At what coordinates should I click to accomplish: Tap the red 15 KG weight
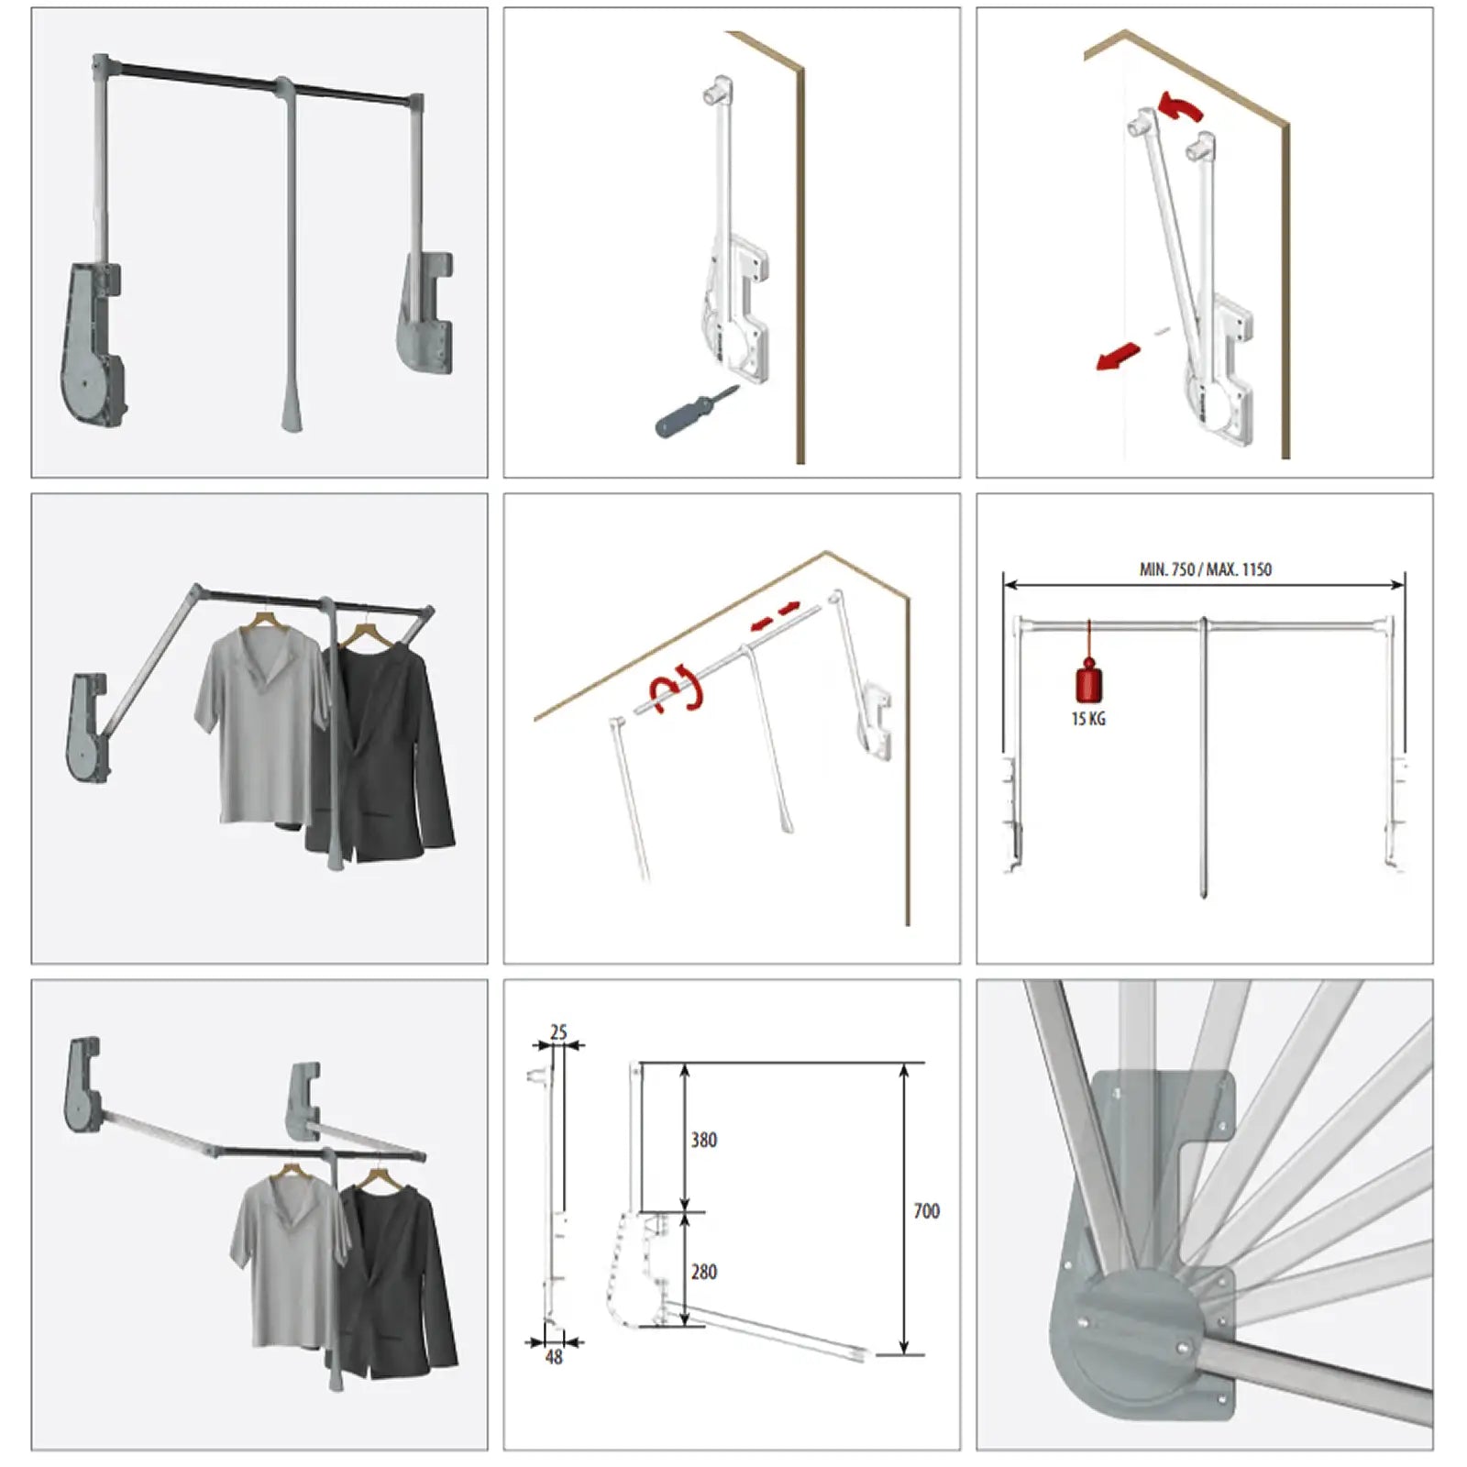click(1088, 682)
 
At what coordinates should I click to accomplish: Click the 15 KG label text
click(1088, 720)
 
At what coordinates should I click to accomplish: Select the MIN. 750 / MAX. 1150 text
click(1205, 569)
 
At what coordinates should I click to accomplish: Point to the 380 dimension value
click(703, 1140)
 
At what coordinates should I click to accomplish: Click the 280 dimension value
click(703, 1272)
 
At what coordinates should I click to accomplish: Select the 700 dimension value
click(926, 1211)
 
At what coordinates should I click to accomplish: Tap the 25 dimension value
click(558, 1032)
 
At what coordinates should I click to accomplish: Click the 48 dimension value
click(554, 1357)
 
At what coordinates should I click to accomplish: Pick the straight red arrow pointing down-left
click(1118, 357)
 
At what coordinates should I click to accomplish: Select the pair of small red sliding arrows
click(775, 616)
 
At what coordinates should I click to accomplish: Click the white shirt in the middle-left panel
click(257, 724)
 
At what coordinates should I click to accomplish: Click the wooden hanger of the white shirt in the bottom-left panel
click(291, 1172)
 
